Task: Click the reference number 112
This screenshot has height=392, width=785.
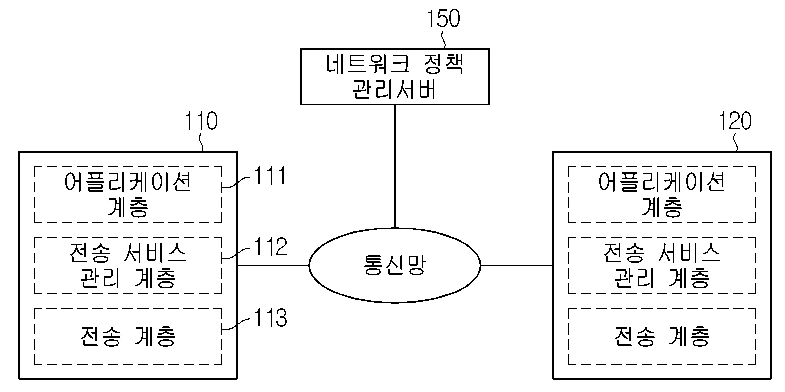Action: pos(271,247)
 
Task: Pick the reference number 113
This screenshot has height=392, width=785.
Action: pos(271,318)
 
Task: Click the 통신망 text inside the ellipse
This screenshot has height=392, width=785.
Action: pos(394,265)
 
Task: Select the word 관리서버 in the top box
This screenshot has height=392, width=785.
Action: pos(394,90)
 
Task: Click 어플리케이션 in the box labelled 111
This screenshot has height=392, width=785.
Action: pos(128,182)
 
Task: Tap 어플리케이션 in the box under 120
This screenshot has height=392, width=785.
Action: pos(662,182)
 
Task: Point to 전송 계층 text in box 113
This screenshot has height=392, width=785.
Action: pos(128,336)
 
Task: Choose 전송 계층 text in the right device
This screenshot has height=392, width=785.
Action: pos(662,336)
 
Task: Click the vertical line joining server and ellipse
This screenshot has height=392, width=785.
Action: pos(395,166)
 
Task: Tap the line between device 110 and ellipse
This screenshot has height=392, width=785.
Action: pos(273,265)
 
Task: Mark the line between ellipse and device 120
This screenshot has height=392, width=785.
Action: pos(516,265)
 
